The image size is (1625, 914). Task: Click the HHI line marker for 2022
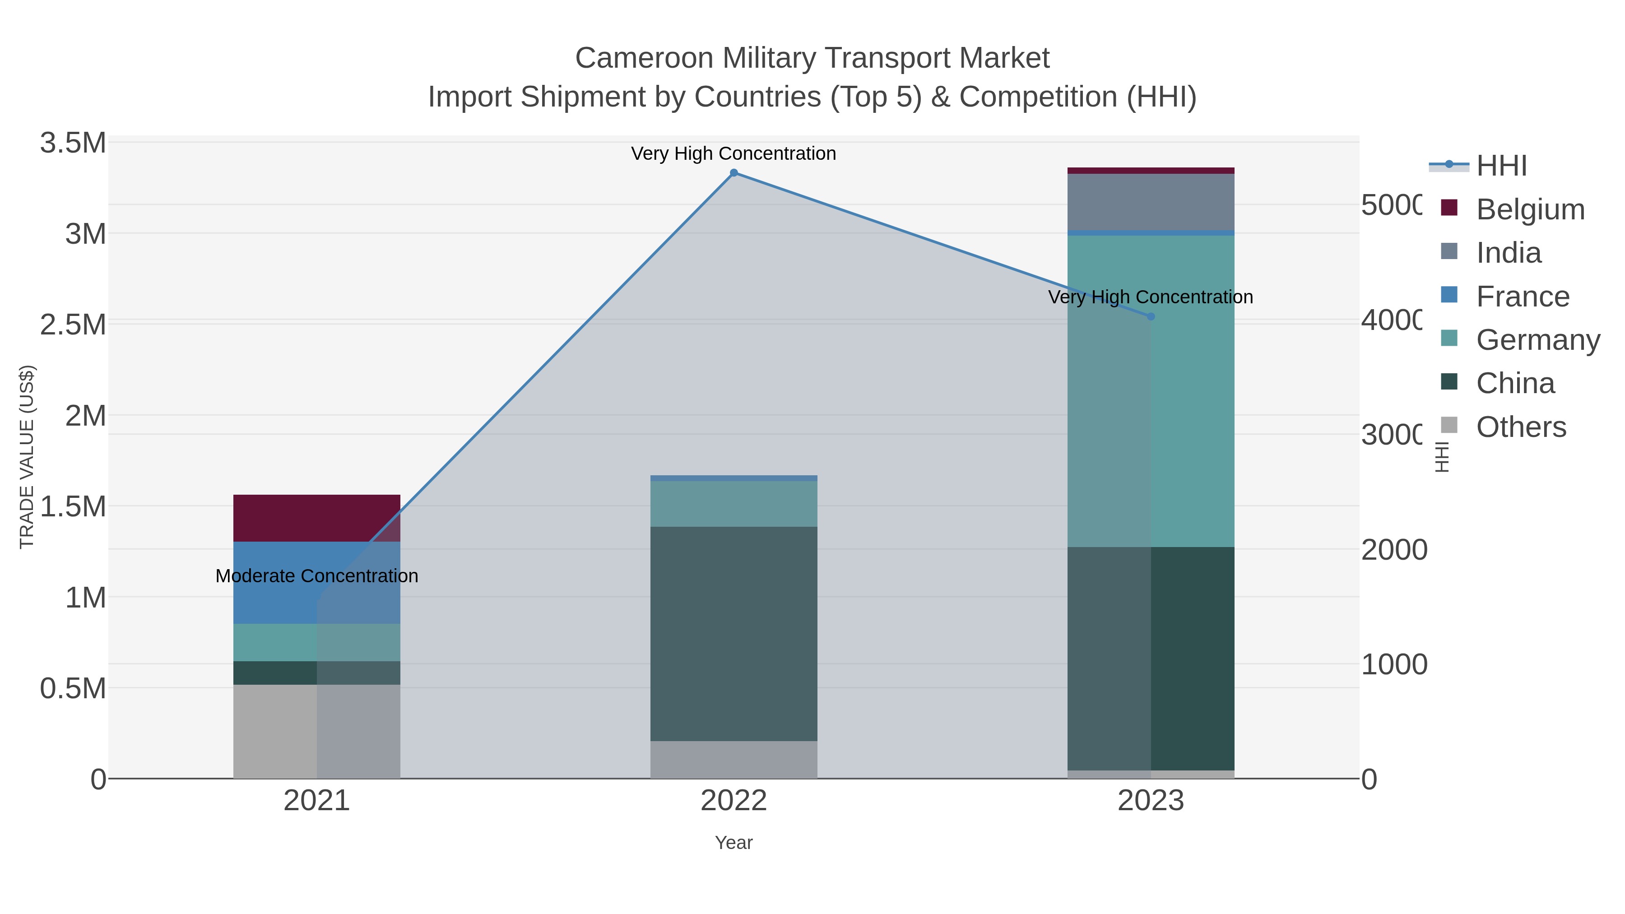click(x=734, y=173)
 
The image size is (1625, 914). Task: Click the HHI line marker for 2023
click(x=1151, y=317)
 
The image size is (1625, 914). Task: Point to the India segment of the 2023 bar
click(x=1151, y=202)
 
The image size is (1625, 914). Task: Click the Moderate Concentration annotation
click(x=317, y=576)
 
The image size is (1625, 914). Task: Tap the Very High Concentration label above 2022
click(x=734, y=153)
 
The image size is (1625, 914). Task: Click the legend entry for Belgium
click(x=1530, y=209)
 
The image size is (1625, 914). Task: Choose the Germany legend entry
click(x=1537, y=340)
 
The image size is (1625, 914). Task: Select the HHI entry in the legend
click(x=1501, y=166)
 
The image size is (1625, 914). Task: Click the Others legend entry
click(x=1520, y=427)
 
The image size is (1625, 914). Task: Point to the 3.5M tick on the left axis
click(x=73, y=143)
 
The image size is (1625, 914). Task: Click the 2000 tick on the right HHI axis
click(x=1393, y=550)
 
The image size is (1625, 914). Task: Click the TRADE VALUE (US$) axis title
click(x=27, y=457)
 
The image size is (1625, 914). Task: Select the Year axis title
click(x=734, y=843)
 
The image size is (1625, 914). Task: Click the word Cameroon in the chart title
click(x=643, y=58)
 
